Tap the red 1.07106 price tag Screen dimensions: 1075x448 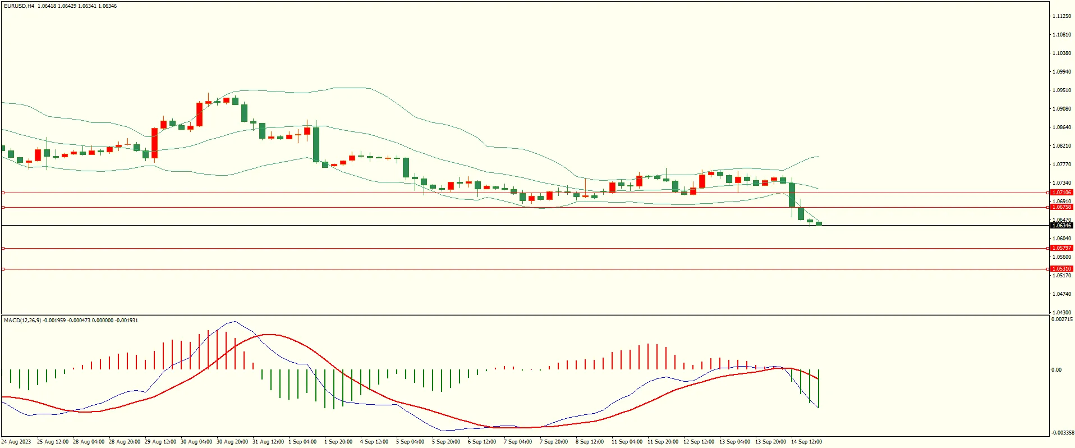[1062, 193]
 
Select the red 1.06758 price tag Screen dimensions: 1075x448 [1062, 207]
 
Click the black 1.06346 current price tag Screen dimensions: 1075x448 [1062, 226]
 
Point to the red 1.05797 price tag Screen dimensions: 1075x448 [1062, 248]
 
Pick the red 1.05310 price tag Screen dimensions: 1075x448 [1062, 269]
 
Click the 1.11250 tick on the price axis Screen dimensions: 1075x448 [1062, 16]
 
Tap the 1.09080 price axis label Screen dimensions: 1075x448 [1062, 109]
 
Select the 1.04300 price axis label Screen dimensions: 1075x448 [1062, 313]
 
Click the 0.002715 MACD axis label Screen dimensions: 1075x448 [1062, 320]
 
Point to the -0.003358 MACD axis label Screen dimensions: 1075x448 [1062, 433]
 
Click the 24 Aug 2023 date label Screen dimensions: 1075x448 [16, 442]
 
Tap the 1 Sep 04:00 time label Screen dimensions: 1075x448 [302, 442]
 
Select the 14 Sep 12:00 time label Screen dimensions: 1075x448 [806, 442]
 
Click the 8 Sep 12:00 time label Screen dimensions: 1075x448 [590, 442]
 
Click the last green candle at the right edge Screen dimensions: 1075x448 [819, 223]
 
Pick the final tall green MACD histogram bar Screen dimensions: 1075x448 [819, 388]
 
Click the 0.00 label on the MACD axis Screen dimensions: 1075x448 [1056, 370]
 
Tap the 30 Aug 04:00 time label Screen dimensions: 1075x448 [196, 442]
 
